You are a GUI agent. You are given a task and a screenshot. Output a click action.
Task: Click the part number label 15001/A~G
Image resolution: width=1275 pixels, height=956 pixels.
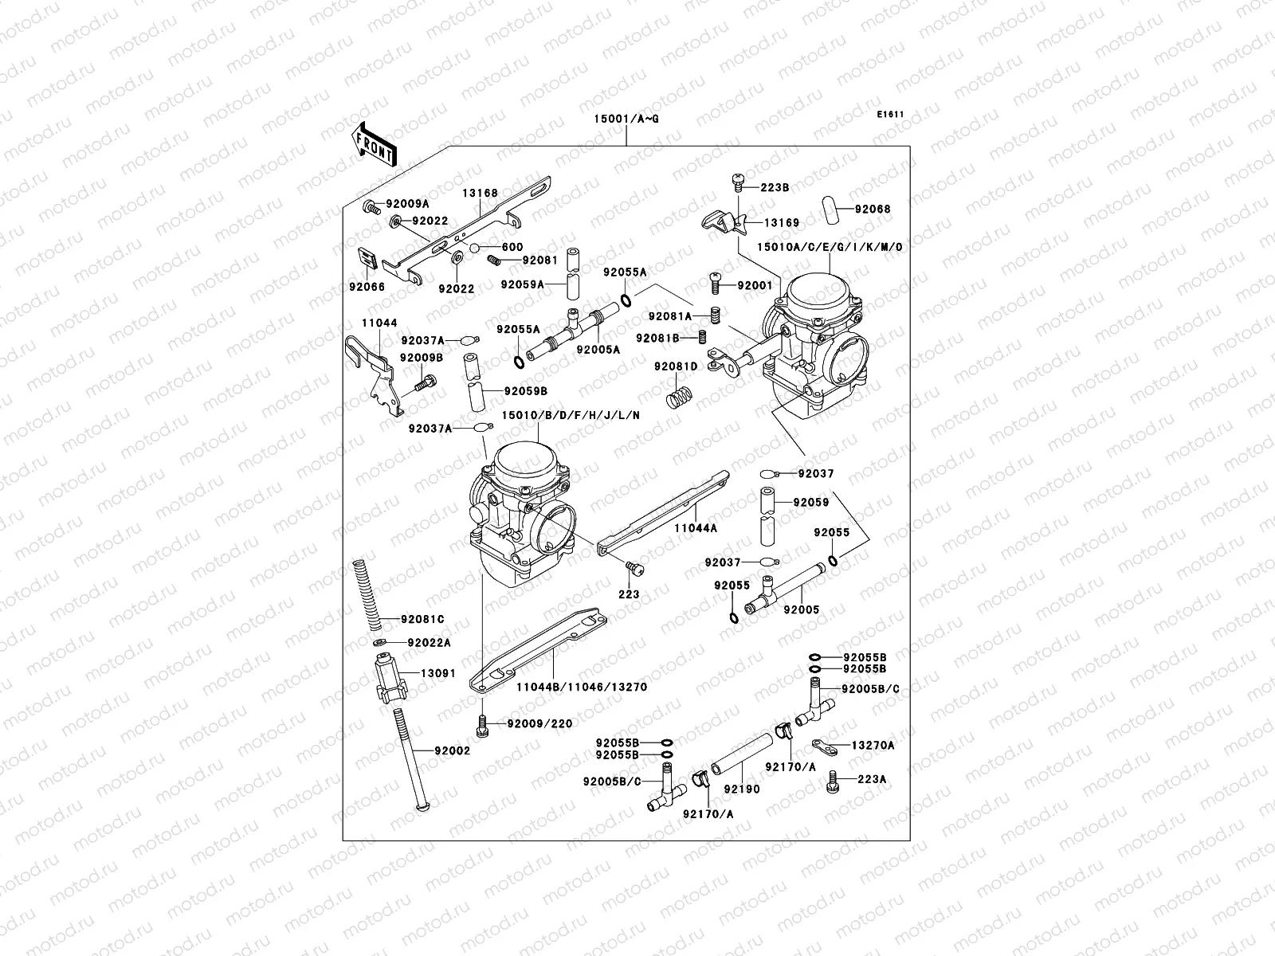626,119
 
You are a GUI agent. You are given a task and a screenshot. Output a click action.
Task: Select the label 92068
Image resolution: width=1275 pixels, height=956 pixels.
873,210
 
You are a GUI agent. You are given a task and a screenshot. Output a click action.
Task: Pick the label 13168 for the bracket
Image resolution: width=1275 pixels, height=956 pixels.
479,193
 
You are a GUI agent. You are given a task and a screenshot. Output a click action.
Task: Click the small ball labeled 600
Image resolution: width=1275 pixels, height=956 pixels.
474,249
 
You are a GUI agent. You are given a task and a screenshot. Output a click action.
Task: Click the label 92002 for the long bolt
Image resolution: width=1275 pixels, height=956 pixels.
452,750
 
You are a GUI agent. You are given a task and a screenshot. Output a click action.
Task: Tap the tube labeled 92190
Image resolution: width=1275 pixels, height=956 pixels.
741,757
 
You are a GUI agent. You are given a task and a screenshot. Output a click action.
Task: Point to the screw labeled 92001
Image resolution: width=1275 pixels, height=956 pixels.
716,282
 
